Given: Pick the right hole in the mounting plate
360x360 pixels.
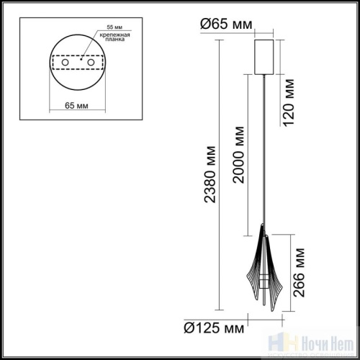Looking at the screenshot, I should [91, 64].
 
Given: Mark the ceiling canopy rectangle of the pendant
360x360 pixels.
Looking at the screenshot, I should [265, 56].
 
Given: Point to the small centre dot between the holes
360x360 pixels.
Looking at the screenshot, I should [78, 64].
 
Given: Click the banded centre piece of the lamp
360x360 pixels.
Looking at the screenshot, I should [264, 276].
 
